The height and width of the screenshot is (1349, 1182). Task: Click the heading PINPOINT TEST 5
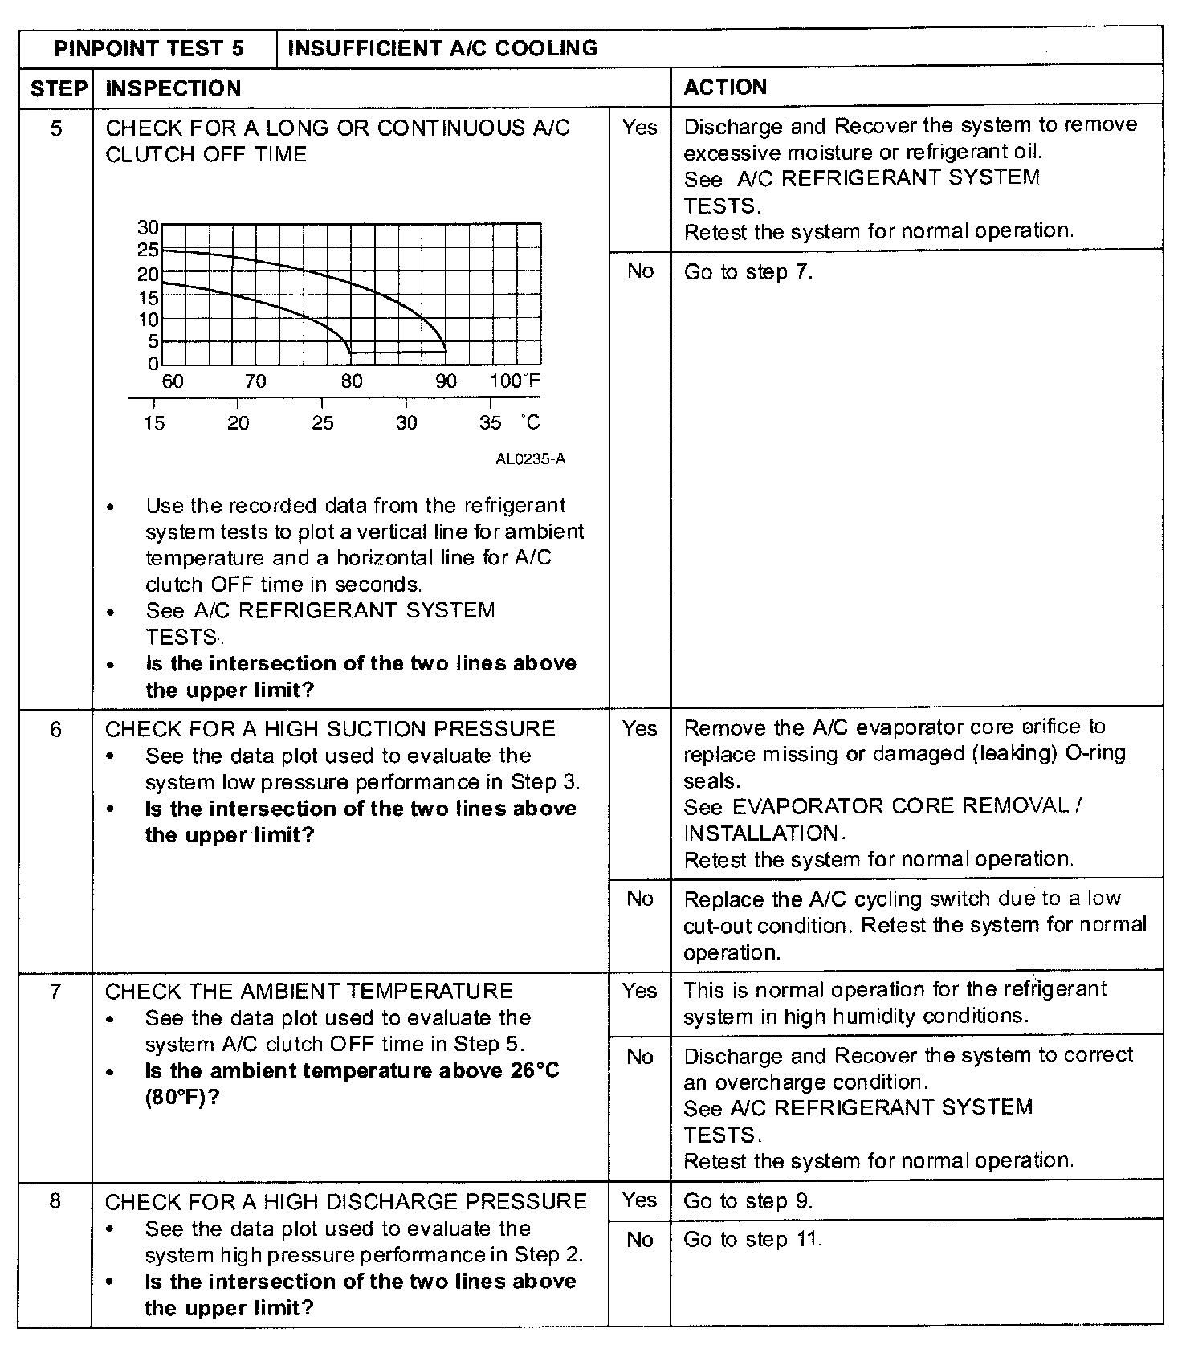pos(149,48)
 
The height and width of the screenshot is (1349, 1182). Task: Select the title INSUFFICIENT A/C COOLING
pos(442,48)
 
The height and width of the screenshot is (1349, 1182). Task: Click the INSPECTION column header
pos(173,88)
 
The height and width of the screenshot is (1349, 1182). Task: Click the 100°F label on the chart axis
pos(515,381)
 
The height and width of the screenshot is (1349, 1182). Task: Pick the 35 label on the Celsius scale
pos(490,423)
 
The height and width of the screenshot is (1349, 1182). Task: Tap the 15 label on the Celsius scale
pos(154,423)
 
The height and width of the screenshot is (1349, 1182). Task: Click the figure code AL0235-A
pos(530,459)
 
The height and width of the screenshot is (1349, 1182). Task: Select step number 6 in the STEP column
pos(55,729)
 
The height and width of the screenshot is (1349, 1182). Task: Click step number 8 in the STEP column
pos(55,1202)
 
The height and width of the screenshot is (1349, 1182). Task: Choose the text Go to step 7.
pos(748,272)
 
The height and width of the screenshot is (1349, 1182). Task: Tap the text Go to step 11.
pos(752,1239)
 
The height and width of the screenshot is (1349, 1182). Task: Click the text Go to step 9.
pos(748,1201)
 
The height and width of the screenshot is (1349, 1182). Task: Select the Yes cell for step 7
pos(639,991)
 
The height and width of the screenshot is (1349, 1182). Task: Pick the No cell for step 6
pos(639,899)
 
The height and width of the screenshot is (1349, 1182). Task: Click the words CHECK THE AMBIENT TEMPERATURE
pos(309,992)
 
